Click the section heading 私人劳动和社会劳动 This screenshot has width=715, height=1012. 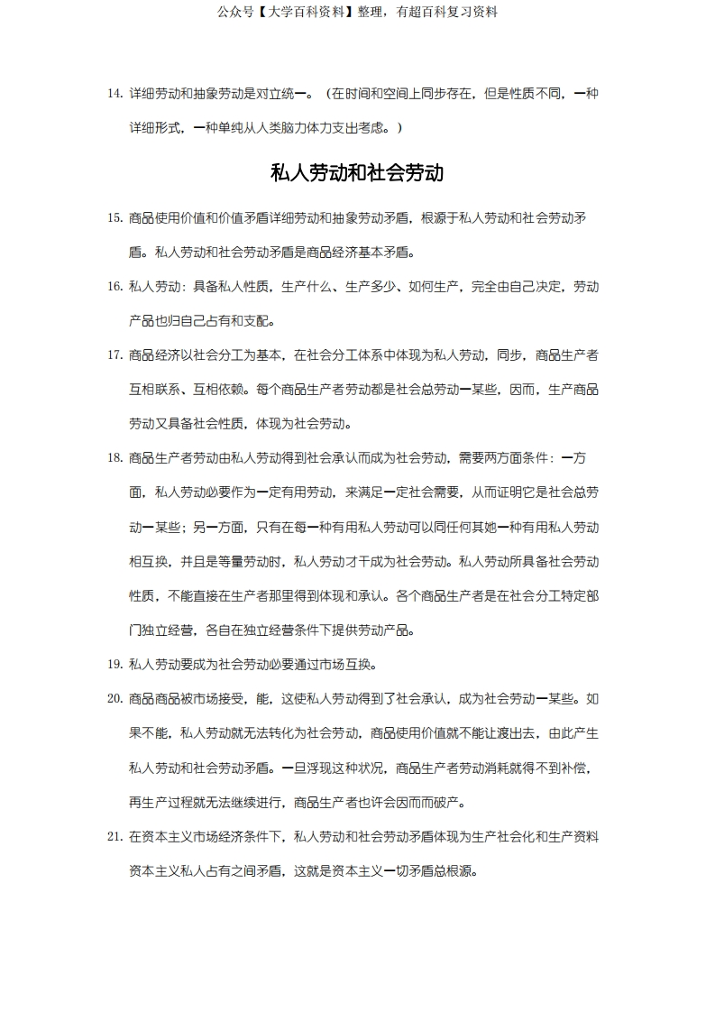(357, 172)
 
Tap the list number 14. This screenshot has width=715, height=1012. (115, 93)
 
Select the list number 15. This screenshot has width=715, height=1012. (115, 217)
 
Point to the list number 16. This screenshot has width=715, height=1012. (115, 287)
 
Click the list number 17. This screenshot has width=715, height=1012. (115, 354)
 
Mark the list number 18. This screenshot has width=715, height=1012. (115, 458)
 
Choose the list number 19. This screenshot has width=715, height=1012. (115, 665)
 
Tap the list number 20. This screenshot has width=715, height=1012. (115, 699)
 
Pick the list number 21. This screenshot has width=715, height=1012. (115, 837)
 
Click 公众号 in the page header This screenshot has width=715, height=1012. (235, 12)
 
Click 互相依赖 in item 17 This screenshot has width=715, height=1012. (218, 390)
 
